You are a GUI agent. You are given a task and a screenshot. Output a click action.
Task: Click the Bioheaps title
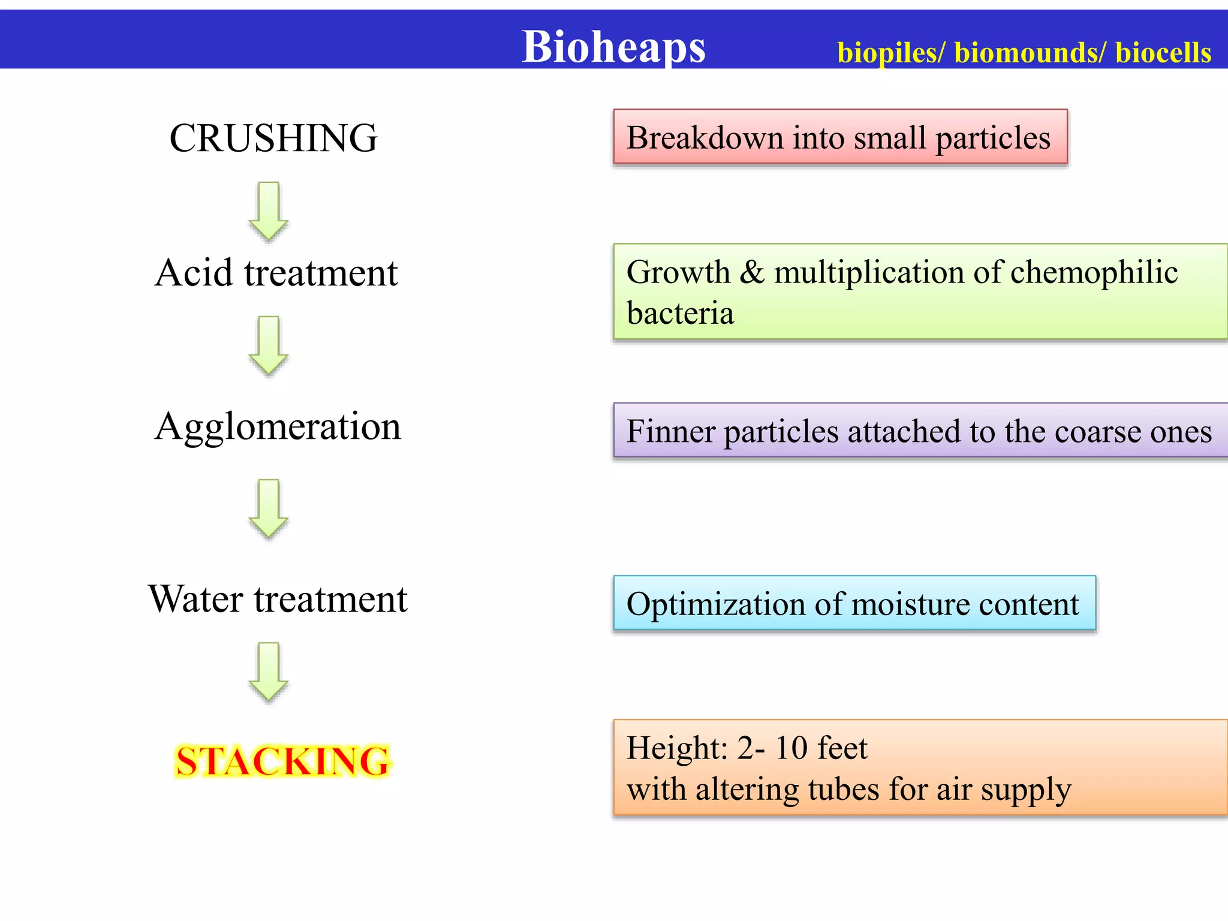pos(613,47)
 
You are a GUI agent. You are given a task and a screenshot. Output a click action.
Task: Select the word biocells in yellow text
pos(1163,53)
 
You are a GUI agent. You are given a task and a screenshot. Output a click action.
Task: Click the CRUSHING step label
pos(273,138)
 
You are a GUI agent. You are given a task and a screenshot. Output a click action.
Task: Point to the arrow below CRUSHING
pos(269,211)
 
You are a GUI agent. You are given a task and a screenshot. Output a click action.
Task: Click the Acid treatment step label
pos(276,273)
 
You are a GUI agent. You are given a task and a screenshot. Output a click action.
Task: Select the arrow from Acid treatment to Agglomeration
pos(269,345)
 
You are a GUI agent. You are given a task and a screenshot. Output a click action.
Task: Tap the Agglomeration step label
pos(278,426)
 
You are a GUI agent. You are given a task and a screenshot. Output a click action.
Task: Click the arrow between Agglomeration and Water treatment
pos(269,508)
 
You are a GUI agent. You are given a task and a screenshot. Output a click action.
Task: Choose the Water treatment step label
pos(278,599)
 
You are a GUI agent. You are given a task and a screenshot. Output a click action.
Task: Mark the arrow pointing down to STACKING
pos(269,672)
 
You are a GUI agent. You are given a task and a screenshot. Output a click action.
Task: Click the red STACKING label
pos(282,762)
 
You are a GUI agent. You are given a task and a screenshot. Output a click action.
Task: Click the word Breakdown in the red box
pos(705,138)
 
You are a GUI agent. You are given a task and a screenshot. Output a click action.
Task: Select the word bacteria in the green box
pos(680,314)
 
